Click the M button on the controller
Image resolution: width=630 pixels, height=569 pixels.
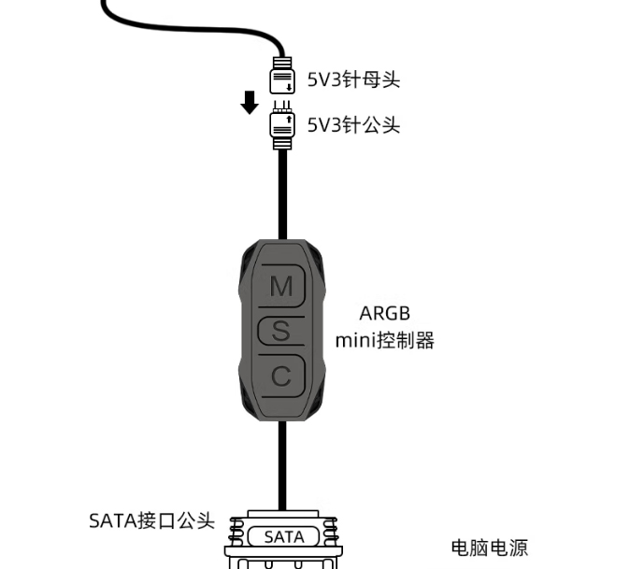click(x=281, y=286)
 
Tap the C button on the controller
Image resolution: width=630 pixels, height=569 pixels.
click(x=281, y=377)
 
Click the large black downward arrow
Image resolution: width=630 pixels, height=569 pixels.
click(x=250, y=103)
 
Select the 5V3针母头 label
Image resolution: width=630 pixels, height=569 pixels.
click(x=353, y=79)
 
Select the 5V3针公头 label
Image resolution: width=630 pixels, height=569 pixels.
click(x=353, y=125)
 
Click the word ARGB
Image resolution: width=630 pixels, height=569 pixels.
click(x=384, y=314)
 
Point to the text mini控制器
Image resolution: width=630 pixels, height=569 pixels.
click(x=384, y=340)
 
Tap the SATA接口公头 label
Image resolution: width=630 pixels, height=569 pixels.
click(x=151, y=520)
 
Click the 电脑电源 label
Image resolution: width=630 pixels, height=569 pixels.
click(x=490, y=548)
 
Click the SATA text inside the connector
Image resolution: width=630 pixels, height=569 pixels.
click(x=284, y=537)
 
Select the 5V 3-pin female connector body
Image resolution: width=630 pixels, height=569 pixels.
click(x=282, y=81)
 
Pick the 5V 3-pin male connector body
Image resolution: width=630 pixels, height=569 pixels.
click(x=282, y=124)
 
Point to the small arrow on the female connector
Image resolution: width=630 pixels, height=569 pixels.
click(x=289, y=87)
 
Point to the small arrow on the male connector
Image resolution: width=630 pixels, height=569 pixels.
click(x=289, y=119)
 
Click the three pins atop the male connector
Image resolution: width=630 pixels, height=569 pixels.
click(x=282, y=107)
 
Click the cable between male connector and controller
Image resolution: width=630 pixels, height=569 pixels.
click(x=282, y=194)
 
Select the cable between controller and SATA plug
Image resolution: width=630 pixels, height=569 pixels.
click(x=282, y=465)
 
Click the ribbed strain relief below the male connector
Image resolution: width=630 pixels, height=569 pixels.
click(x=282, y=143)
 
